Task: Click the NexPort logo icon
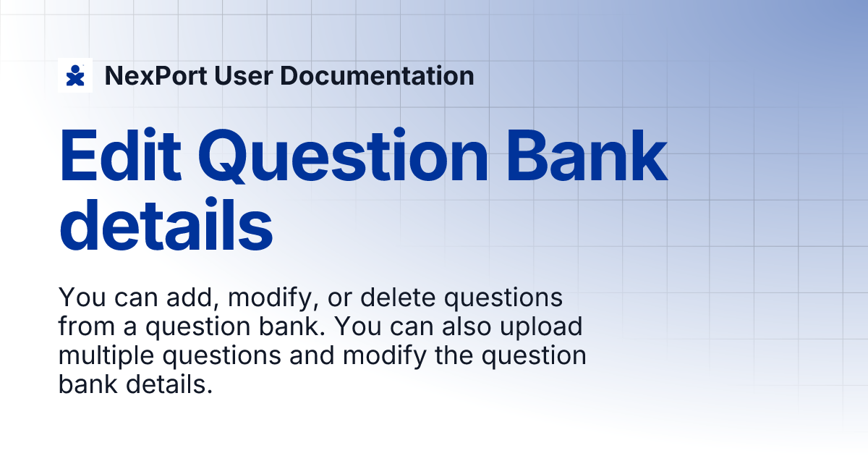tap(75, 75)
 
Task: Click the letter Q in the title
tap(234, 157)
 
